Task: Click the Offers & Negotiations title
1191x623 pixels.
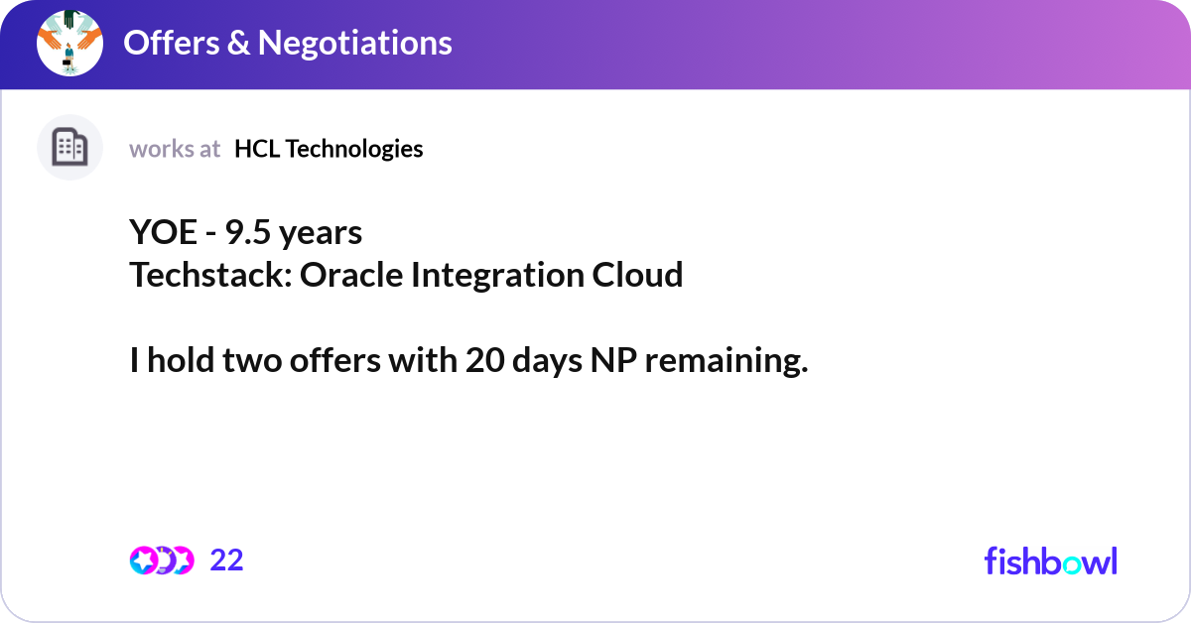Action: tap(287, 43)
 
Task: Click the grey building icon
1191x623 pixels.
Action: tap(69, 148)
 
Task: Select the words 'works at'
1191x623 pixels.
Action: tap(175, 149)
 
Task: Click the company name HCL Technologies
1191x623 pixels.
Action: tap(329, 149)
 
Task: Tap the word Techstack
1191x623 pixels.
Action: tap(205, 275)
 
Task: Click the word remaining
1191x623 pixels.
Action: tap(727, 362)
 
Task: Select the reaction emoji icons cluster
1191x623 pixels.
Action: tap(161, 561)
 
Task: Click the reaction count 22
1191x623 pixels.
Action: tap(226, 561)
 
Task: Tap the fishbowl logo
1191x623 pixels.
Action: tap(1050, 561)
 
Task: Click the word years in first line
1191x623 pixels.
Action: tap(321, 233)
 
